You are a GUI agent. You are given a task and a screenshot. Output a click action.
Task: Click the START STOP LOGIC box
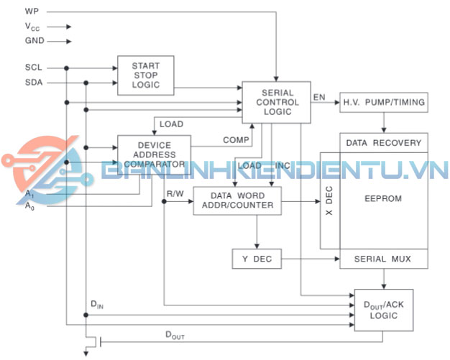(x=146, y=75)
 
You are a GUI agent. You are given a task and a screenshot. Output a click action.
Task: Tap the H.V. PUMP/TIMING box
(x=383, y=103)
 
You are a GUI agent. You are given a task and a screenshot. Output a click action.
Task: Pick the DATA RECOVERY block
(x=383, y=142)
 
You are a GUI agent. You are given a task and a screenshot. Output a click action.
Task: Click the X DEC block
(x=330, y=200)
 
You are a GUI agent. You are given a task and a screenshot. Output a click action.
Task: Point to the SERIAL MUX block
(x=383, y=259)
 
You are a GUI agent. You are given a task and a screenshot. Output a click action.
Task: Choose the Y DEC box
(x=256, y=259)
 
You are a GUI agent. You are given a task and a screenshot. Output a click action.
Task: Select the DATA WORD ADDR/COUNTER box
(x=237, y=200)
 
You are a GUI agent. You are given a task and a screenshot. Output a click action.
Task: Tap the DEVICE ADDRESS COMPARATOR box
(x=154, y=154)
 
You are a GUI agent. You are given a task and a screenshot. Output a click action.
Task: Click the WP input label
(x=32, y=11)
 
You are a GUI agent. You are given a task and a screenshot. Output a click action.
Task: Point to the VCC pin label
(x=32, y=27)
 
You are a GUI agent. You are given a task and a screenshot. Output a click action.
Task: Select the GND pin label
(x=35, y=41)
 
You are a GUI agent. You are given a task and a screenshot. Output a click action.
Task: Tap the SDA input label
(x=34, y=83)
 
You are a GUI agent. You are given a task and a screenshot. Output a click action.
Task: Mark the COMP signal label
(x=235, y=139)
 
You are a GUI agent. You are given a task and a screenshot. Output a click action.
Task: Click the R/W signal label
(x=175, y=193)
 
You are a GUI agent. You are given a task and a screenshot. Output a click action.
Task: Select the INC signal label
(x=283, y=166)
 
